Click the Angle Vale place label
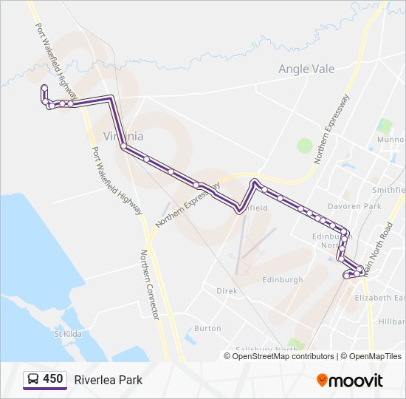click(306, 69)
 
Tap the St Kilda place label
click(67, 333)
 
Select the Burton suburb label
click(207, 328)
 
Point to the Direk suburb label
click(227, 291)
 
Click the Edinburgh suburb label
click(282, 280)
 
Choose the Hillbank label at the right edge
click(391, 322)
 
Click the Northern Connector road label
click(150, 284)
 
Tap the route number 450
click(53, 379)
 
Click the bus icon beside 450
click(33, 380)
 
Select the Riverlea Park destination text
click(108, 380)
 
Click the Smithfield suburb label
click(388, 189)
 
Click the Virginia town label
click(123, 137)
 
